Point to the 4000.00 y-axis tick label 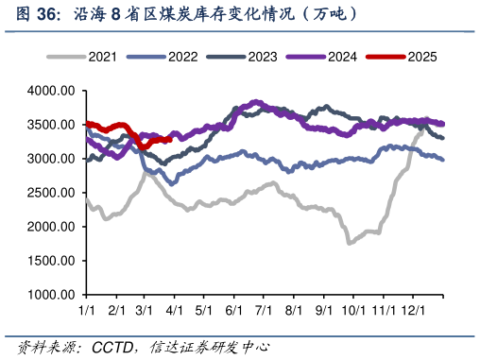click(x=51, y=91)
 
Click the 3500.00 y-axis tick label click(x=51, y=125)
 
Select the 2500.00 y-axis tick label click(x=51, y=193)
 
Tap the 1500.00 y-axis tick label click(x=51, y=261)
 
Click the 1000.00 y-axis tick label click(x=51, y=295)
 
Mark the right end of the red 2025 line click(x=169, y=138)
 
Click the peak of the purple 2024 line click(x=256, y=102)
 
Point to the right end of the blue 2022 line click(x=444, y=160)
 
